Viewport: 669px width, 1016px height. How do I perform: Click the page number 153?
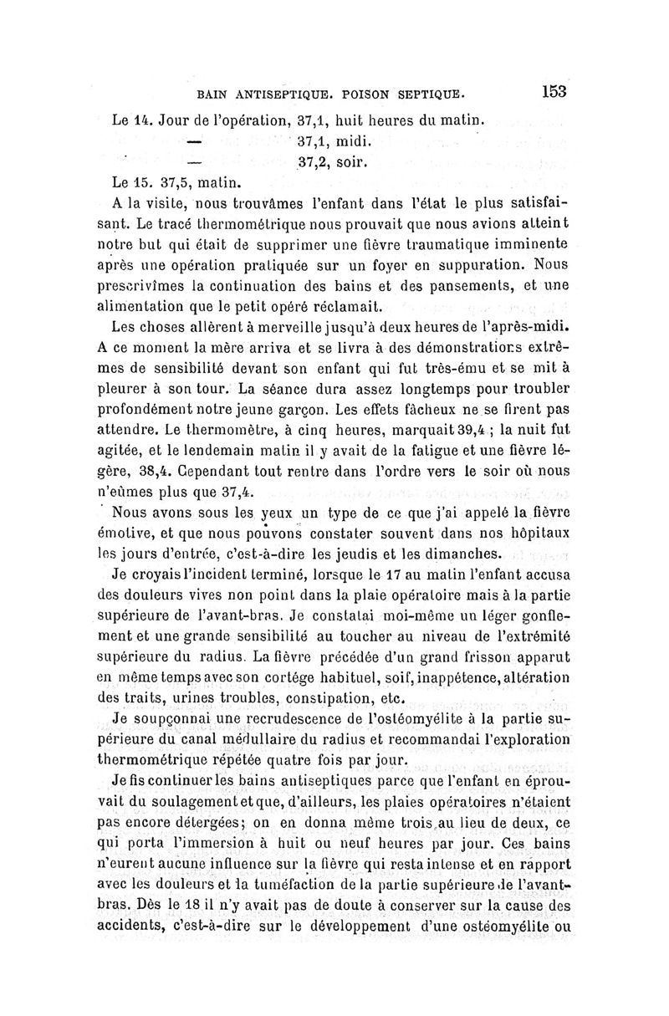[x=553, y=91]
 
